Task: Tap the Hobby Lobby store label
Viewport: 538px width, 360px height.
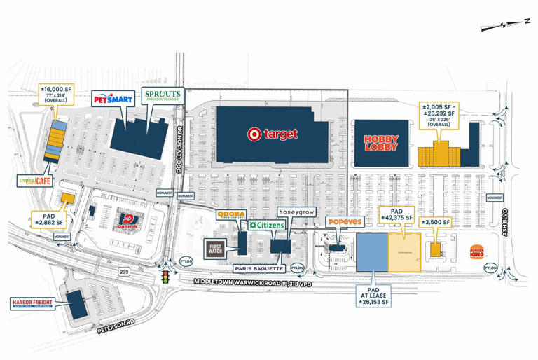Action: (380, 144)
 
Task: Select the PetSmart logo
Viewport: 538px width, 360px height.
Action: (113, 99)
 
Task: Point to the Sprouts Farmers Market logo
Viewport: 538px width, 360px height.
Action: (162, 95)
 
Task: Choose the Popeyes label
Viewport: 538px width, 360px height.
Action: (344, 221)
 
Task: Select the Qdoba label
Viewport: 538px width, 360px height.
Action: (230, 214)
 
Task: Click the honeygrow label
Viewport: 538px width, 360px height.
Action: (297, 211)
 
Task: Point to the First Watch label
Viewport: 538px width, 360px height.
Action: (216, 249)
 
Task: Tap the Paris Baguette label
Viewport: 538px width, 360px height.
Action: (258, 268)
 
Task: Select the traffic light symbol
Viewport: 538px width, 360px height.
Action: (167, 278)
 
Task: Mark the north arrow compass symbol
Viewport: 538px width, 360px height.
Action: (506, 25)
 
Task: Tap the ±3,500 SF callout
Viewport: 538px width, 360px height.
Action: (435, 222)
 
